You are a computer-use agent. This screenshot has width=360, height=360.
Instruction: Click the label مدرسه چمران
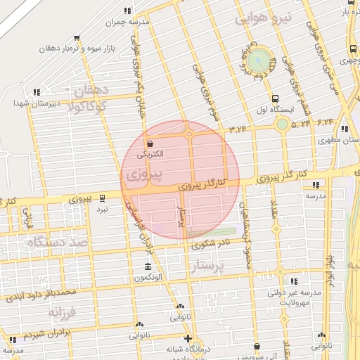(x=127, y=22)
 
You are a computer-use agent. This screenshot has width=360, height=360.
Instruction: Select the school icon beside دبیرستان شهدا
(x=36, y=91)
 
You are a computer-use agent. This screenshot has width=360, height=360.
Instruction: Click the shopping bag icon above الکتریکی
(x=151, y=143)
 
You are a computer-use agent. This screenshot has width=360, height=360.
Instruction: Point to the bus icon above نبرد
(x=103, y=198)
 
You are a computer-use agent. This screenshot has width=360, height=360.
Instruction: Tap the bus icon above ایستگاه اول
(x=274, y=99)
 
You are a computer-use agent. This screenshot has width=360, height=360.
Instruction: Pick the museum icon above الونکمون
(x=147, y=267)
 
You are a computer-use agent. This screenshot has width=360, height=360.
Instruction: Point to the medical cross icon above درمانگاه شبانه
(x=188, y=337)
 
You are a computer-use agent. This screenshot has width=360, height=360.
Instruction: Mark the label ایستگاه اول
(x=274, y=110)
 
